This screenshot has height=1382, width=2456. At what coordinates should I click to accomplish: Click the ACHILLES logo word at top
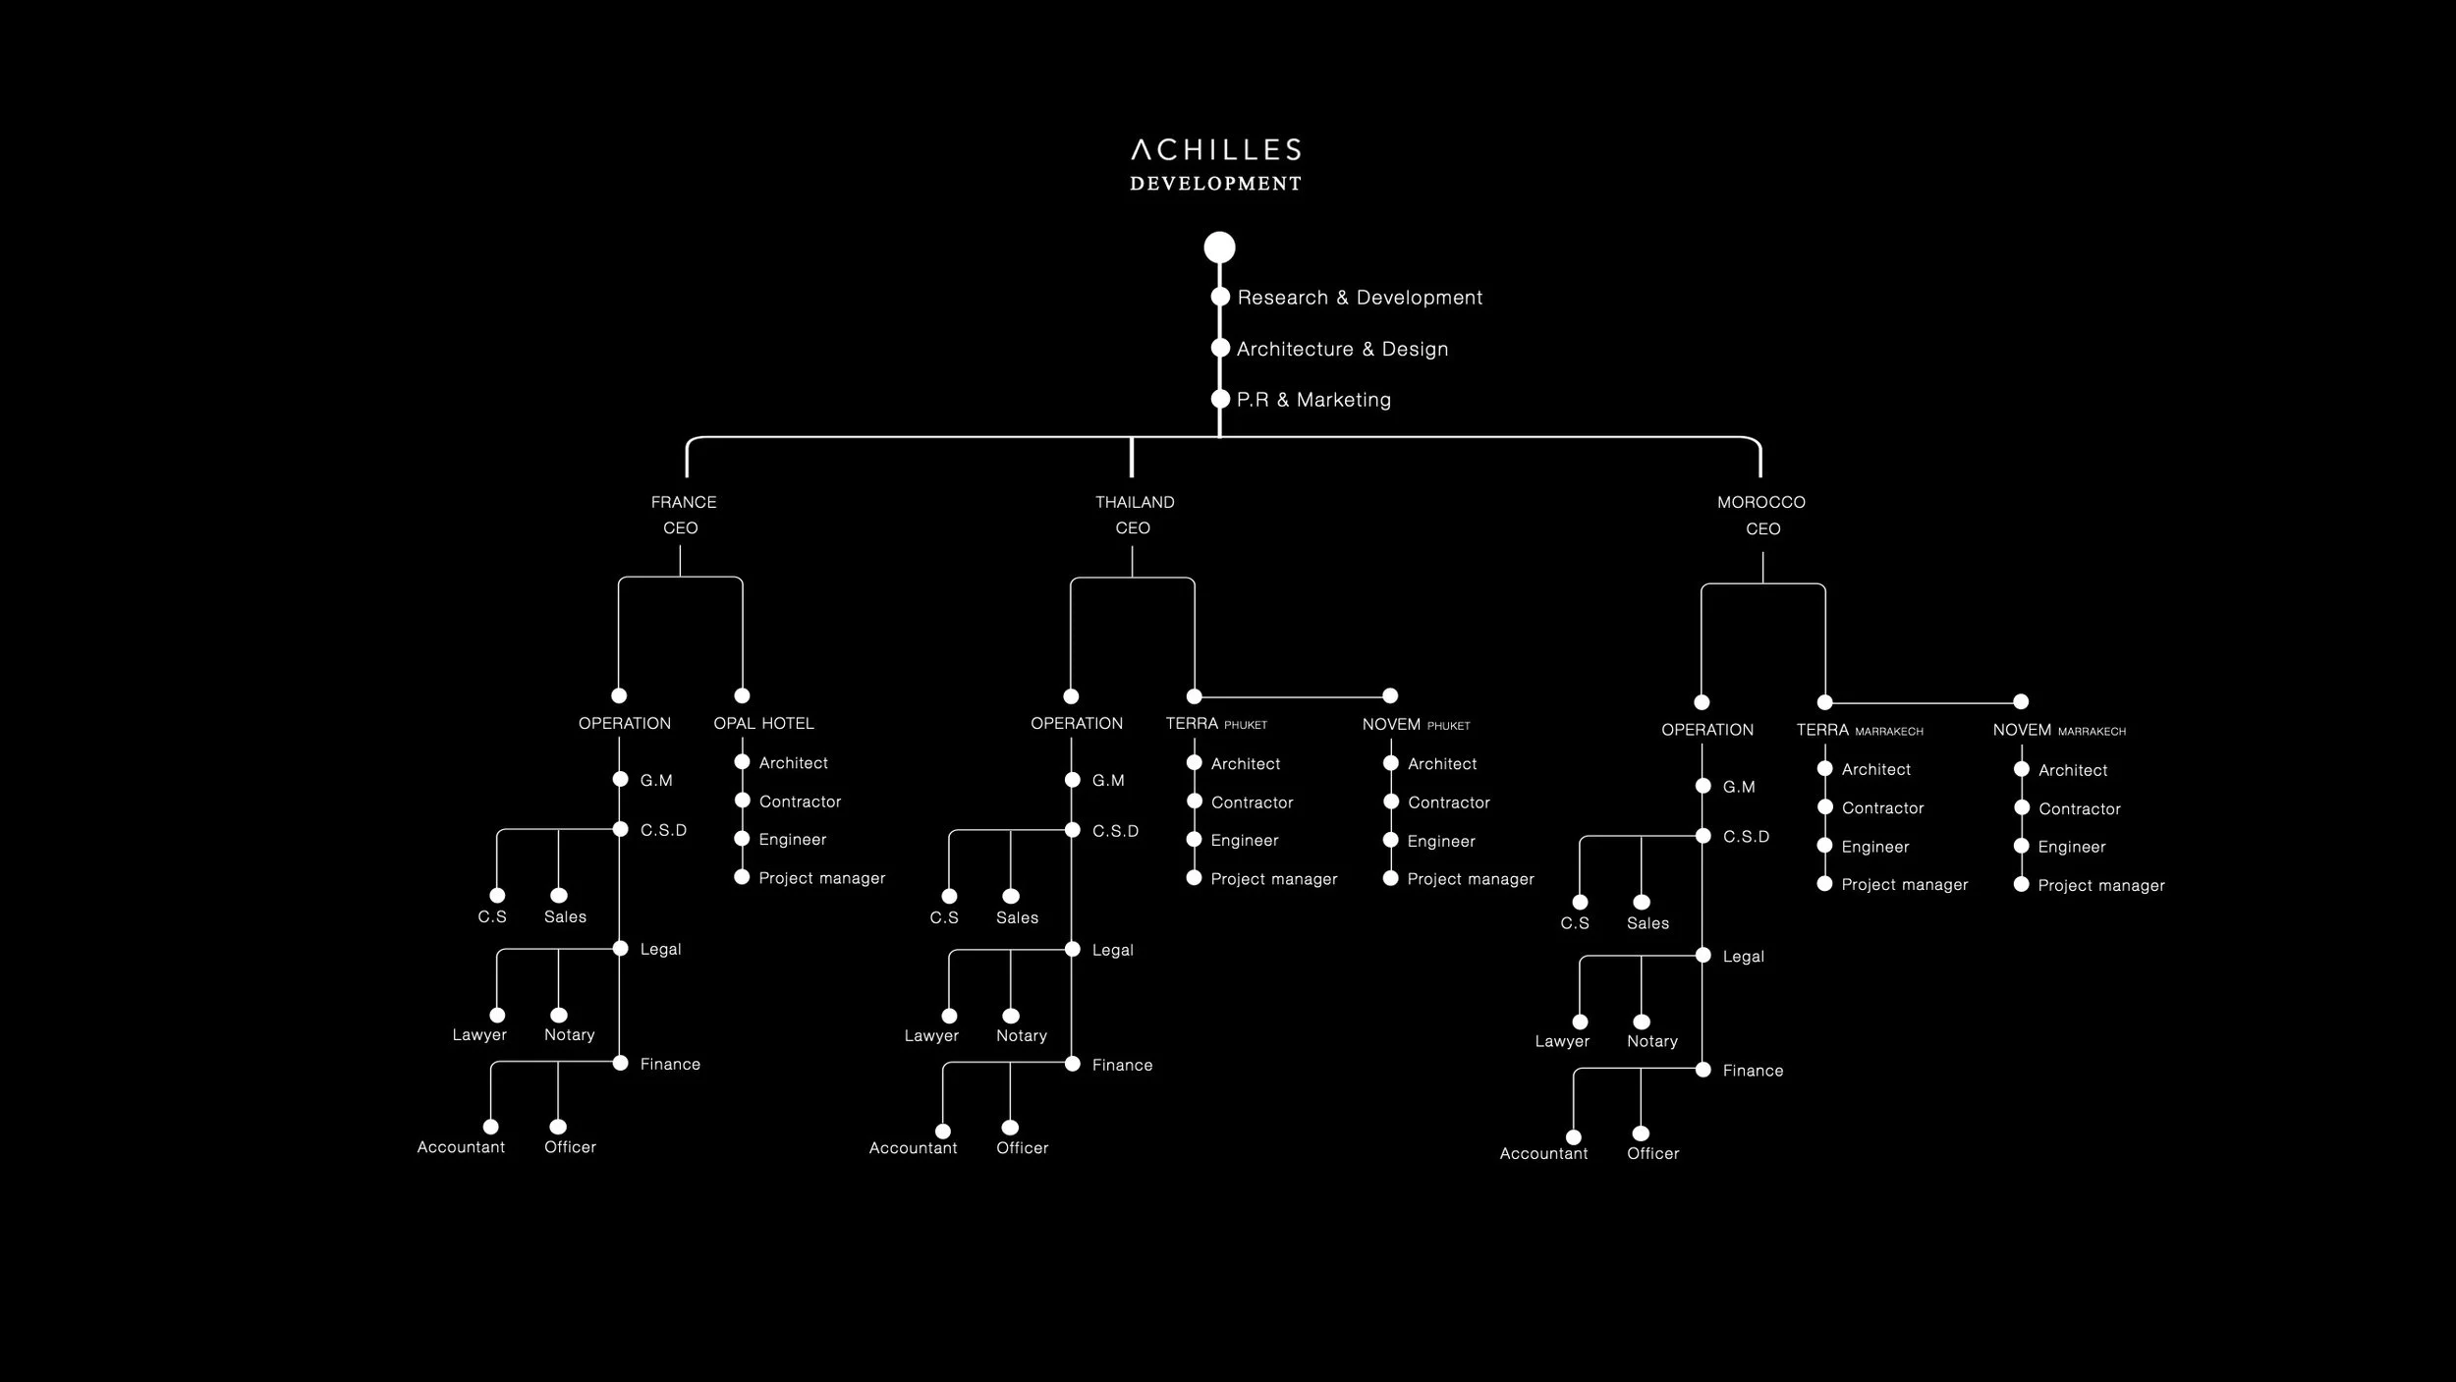[1215, 150]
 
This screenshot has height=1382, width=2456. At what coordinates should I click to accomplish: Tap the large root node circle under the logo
[1219, 248]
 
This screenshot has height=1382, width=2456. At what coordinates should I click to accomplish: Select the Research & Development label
[1360, 298]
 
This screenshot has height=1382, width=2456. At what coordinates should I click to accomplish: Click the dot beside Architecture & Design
[1220, 348]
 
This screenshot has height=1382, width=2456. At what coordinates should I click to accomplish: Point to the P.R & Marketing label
[1313, 400]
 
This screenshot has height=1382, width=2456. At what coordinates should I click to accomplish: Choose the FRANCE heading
[684, 502]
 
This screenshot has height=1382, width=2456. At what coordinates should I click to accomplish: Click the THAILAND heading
[1135, 502]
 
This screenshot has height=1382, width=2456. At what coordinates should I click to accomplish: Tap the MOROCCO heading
[1760, 502]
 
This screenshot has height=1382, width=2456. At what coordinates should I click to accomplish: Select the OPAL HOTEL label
[763, 724]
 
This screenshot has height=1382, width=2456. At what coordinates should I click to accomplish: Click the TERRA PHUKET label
[1216, 724]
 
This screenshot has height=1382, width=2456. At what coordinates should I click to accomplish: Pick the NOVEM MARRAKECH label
[2059, 731]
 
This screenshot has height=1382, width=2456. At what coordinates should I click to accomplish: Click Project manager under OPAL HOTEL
[821, 878]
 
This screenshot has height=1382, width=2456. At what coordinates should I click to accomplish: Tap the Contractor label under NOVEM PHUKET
[1448, 802]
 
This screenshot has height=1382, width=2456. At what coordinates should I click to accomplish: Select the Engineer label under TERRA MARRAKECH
[1874, 847]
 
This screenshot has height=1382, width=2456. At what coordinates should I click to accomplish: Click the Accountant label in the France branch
[461, 1147]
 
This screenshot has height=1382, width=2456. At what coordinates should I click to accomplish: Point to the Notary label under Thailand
[1021, 1036]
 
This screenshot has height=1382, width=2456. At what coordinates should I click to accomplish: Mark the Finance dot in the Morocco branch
[1703, 1070]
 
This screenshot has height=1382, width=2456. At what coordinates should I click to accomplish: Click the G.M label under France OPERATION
[656, 781]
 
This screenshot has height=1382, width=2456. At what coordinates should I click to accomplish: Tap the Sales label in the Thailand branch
[1017, 917]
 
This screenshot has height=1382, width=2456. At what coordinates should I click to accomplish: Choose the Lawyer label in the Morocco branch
[1562, 1041]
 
